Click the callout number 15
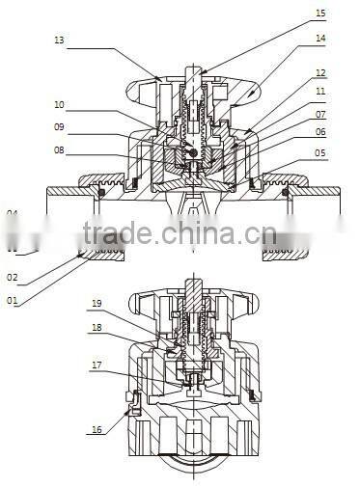point(320,14)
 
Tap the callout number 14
point(320,39)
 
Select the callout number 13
point(59,41)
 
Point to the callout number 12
point(320,72)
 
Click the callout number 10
point(59,104)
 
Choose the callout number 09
point(59,127)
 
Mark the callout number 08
point(59,150)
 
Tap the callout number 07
point(320,115)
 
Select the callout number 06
point(320,132)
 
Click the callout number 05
point(320,152)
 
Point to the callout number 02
point(13,277)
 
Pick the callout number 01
point(13,300)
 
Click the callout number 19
point(97,304)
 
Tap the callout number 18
point(97,328)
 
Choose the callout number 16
point(97,430)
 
